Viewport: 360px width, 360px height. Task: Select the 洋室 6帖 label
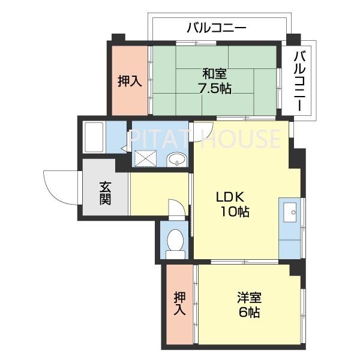click(x=248, y=305)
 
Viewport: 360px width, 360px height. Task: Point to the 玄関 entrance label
click(x=105, y=193)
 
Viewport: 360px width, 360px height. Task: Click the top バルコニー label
click(x=217, y=28)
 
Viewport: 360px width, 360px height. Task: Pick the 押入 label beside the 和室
click(x=129, y=80)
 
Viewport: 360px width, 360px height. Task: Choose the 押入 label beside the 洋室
click(x=179, y=304)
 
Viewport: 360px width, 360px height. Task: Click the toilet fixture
click(x=175, y=244)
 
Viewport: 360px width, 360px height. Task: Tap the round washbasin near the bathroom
click(x=175, y=160)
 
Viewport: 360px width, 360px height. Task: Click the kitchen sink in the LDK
click(x=290, y=211)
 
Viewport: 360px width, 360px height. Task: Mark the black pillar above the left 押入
click(x=118, y=38)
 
